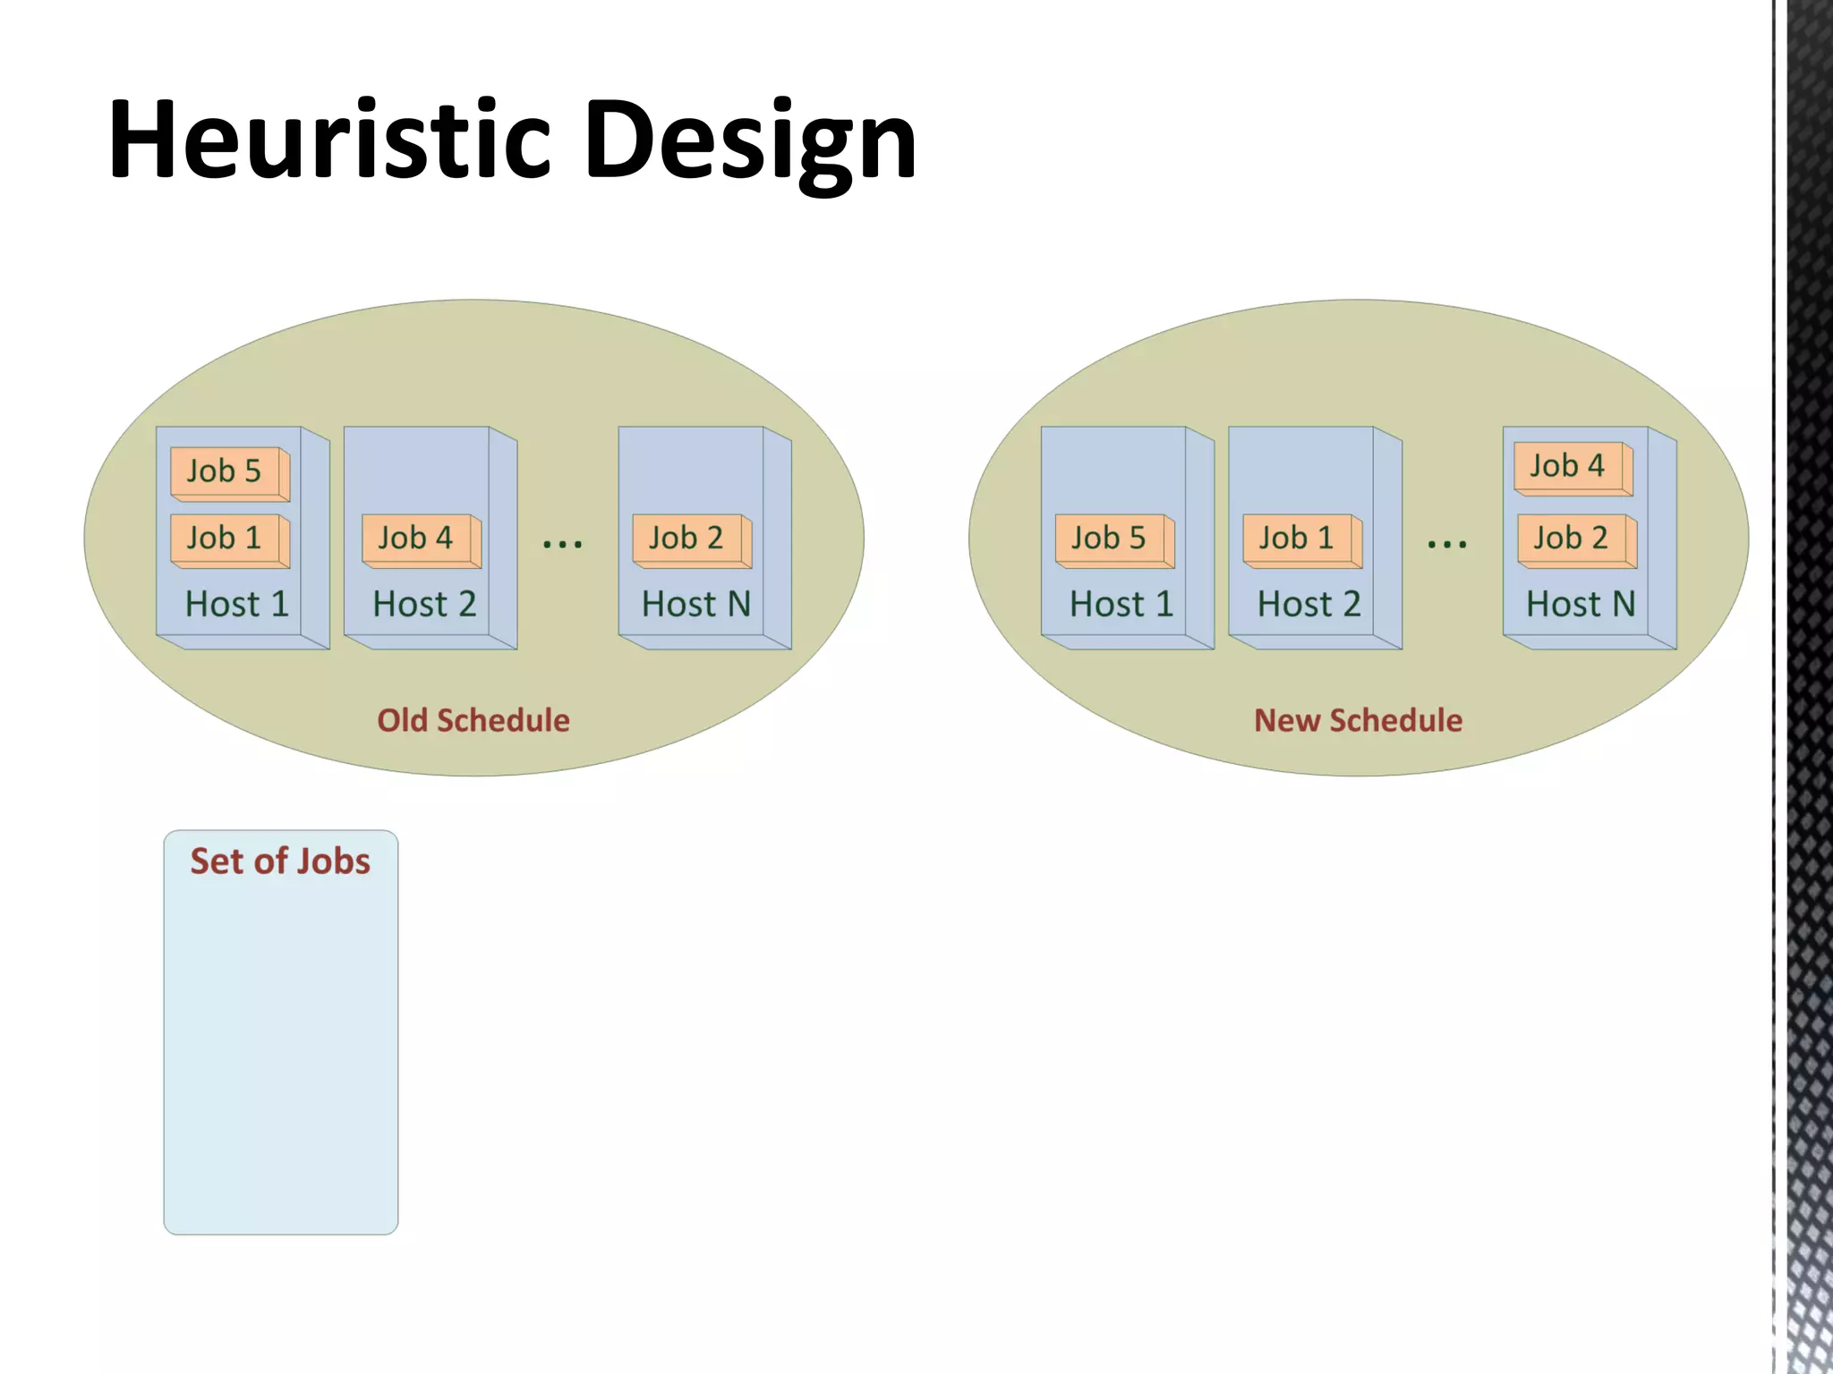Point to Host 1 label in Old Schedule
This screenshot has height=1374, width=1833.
pyautogui.click(x=236, y=605)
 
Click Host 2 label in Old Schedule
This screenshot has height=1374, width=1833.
pyautogui.click(x=424, y=605)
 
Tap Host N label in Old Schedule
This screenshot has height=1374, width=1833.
pyautogui.click(x=695, y=605)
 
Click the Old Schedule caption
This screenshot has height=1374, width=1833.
pyautogui.click(x=473, y=720)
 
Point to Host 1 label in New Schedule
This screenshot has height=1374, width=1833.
pyautogui.click(x=1121, y=605)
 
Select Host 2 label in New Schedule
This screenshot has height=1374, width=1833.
pyautogui.click(x=1309, y=605)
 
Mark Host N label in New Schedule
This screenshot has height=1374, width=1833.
pyautogui.click(x=1580, y=605)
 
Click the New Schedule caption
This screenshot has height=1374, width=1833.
pyautogui.click(x=1358, y=720)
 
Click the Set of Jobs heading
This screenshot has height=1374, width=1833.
pyautogui.click(x=280, y=861)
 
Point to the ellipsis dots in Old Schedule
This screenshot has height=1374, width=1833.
pyautogui.click(x=562, y=543)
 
